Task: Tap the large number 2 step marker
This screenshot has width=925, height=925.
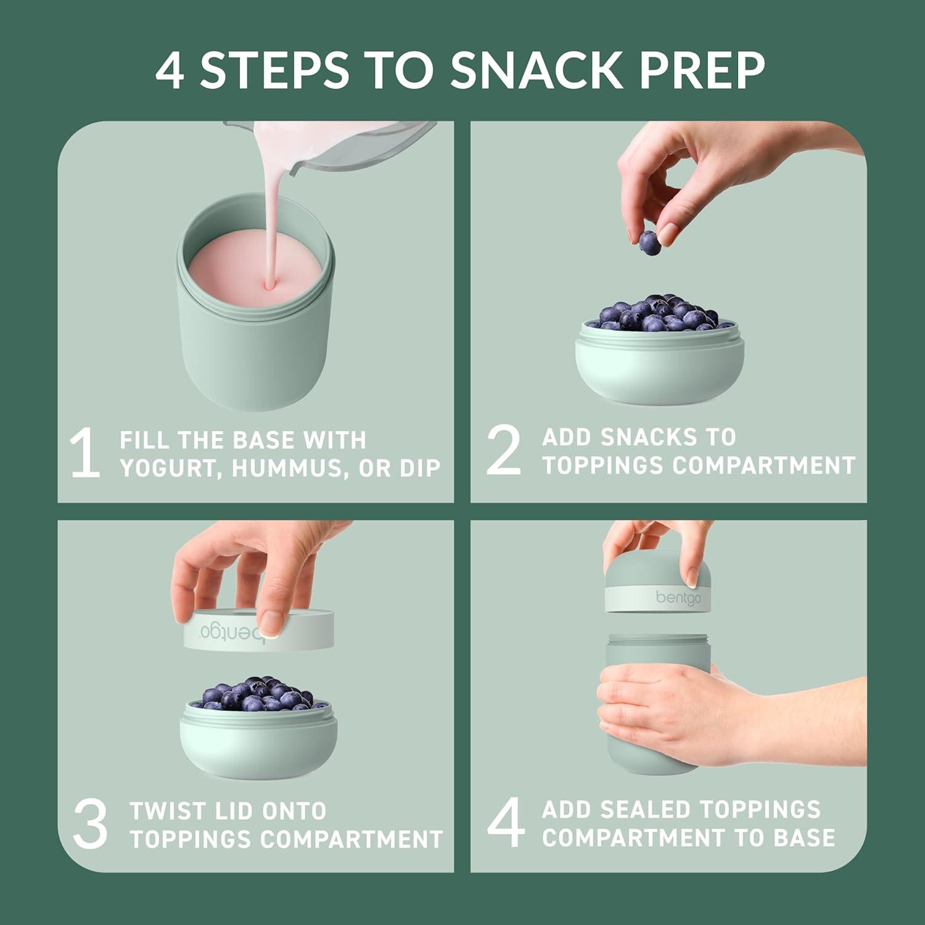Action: [503, 451]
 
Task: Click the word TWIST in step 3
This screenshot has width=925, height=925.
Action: [163, 811]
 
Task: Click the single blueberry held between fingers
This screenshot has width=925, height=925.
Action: [649, 242]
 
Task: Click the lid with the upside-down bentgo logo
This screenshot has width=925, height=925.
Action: [259, 630]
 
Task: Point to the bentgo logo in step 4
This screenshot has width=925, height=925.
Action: [678, 598]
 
